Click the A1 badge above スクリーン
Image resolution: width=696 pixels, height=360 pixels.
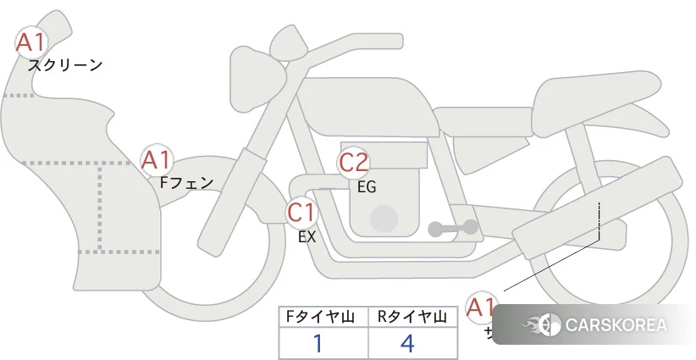32,42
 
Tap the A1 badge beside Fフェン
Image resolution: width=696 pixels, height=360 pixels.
157,159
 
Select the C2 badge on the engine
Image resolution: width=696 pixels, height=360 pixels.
354,163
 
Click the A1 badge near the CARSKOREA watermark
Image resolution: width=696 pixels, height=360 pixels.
483,307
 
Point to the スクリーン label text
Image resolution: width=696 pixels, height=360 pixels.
65,65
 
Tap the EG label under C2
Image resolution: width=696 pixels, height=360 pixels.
367,187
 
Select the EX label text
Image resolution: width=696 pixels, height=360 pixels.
307,237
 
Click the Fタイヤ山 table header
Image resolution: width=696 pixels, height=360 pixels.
323,317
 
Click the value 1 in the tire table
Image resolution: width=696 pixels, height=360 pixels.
318,343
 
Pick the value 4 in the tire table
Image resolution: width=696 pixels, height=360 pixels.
408,343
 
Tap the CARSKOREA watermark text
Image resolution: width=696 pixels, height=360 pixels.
616,325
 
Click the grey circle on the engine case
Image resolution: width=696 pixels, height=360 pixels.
384,219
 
